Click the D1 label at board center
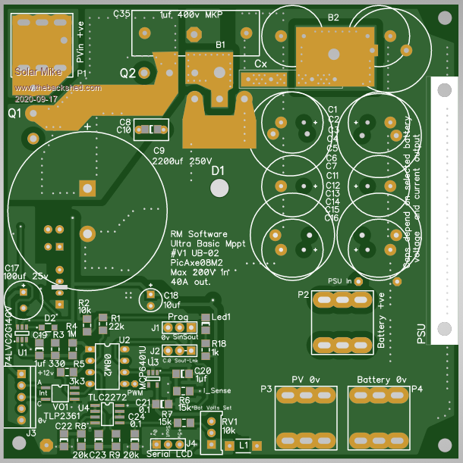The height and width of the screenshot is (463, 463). [219, 172]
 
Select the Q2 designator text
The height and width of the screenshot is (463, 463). [128, 73]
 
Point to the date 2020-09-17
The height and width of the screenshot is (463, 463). [36, 99]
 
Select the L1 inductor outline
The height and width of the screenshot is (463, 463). [244, 445]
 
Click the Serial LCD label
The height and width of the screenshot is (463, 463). [171, 454]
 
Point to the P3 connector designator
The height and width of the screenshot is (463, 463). [266, 389]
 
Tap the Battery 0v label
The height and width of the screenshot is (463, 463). [382, 379]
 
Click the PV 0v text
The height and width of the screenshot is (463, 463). [307, 379]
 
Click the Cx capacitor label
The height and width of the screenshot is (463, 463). [260, 64]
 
